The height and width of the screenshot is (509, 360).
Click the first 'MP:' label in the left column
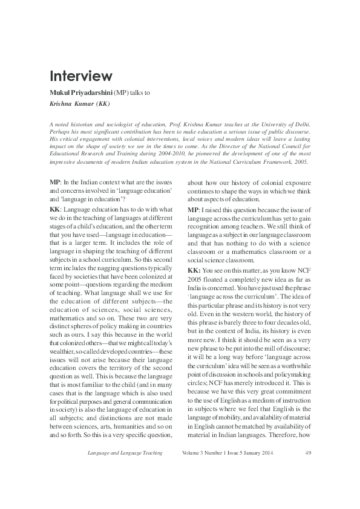pyautogui.click(x=55, y=183)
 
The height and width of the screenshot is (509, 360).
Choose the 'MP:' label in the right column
pyautogui.click(x=194, y=209)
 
